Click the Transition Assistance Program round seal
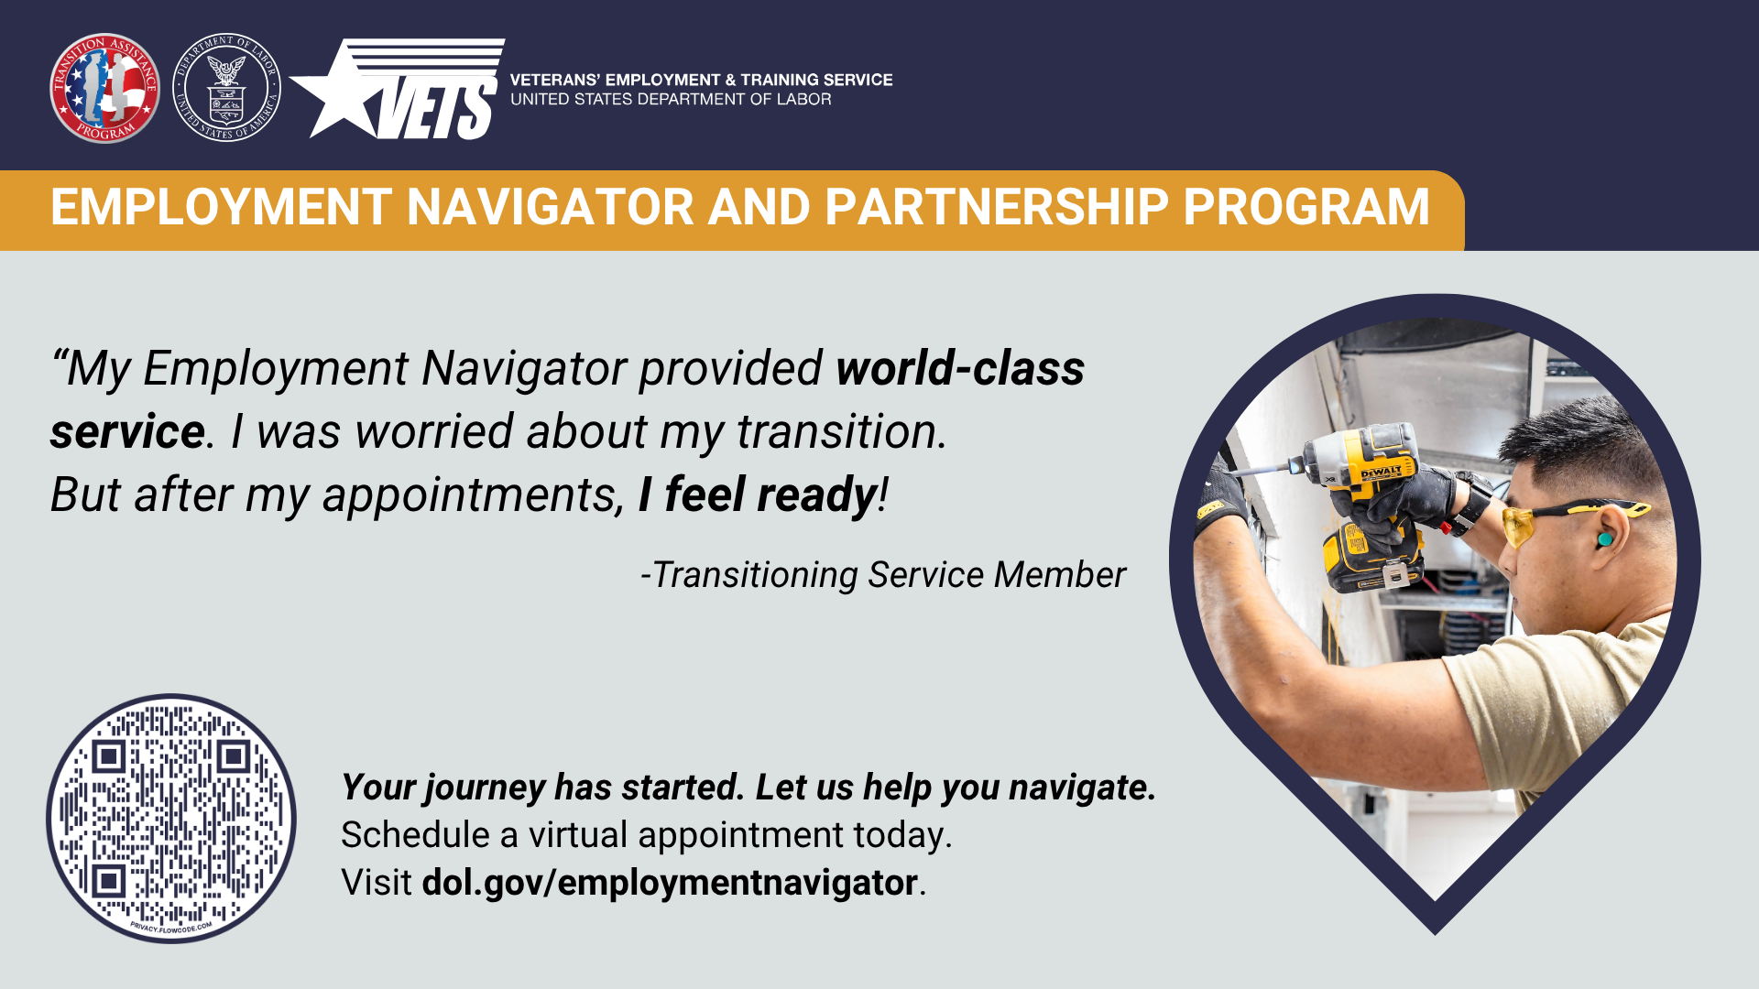pos(104,88)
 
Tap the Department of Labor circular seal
pos(226,88)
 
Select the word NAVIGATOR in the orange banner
pos(551,207)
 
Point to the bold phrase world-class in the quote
pos(960,368)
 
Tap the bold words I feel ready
pos(758,495)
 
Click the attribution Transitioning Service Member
pos(882,575)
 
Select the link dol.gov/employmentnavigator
pos(670,883)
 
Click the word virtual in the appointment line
pos(578,835)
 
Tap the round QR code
pos(171,819)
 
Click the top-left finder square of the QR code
pos(109,756)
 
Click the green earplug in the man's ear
pos(1605,540)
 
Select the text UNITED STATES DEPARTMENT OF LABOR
pos(671,99)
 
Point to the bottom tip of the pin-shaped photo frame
pos(1435,934)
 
